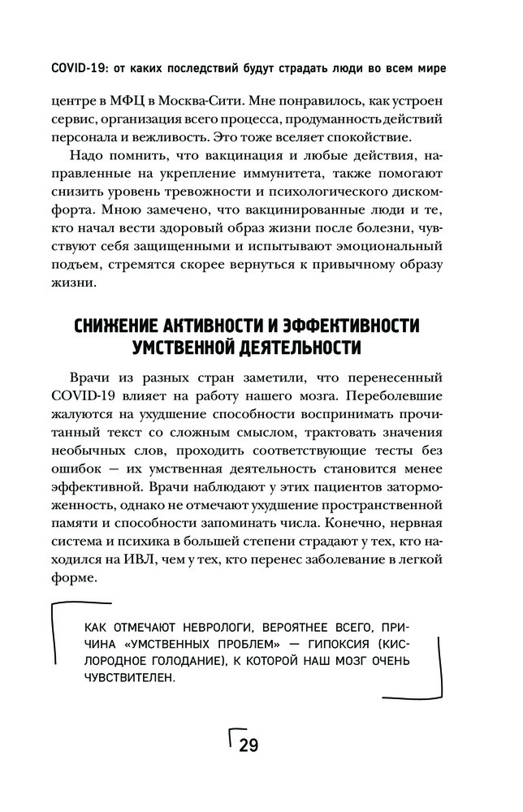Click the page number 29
tap(248, 745)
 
